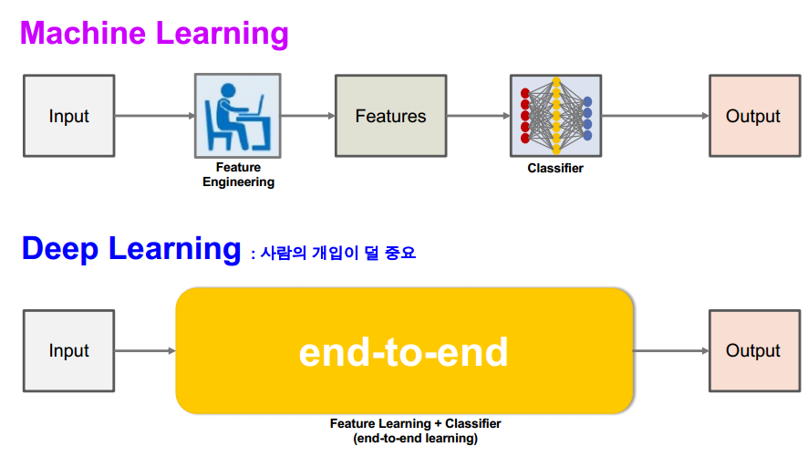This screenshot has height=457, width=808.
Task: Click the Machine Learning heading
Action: tap(154, 33)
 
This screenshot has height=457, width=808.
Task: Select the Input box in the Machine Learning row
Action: tap(69, 116)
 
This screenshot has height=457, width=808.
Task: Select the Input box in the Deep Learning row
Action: tap(69, 350)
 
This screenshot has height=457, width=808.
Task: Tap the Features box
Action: tap(390, 116)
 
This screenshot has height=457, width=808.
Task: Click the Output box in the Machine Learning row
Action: tap(752, 116)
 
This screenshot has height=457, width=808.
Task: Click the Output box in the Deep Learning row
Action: tap(752, 350)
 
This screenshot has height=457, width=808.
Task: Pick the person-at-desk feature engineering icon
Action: tap(237, 116)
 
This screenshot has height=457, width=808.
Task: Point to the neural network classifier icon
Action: tap(555, 116)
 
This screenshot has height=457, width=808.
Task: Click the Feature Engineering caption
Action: tap(238, 174)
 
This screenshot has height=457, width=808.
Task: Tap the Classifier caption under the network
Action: tap(555, 169)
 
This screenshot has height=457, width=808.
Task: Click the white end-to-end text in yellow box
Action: tap(403, 351)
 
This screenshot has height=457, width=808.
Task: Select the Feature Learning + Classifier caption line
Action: tap(415, 423)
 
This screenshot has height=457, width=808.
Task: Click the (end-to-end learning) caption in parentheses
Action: tap(415, 438)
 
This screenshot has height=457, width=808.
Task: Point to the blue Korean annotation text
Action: tap(333, 253)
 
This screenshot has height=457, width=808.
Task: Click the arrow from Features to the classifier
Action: tap(478, 116)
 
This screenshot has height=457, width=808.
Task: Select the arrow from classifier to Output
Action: tap(655, 116)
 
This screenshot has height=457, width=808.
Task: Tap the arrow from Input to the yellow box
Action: tap(145, 350)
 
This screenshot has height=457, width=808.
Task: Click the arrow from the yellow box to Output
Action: tap(670, 350)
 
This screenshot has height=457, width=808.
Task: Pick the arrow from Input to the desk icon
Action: tap(155, 116)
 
